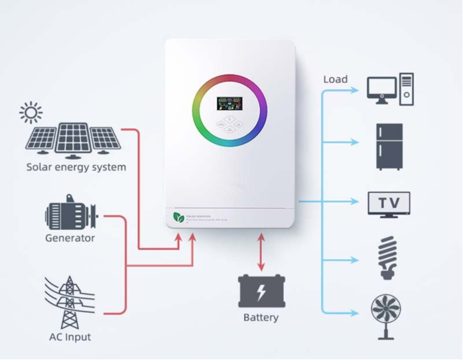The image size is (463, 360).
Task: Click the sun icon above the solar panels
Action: [x=31, y=112]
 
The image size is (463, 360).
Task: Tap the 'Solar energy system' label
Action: [x=76, y=167]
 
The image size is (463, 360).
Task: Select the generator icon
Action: [x=70, y=214]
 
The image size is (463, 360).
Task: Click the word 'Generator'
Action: [x=70, y=238]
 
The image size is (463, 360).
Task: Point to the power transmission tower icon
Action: [x=69, y=302]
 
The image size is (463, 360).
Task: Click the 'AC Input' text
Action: [x=70, y=337]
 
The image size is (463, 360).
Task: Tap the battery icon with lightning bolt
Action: [x=261, y=290]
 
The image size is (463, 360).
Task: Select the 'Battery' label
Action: [x=261, y=318]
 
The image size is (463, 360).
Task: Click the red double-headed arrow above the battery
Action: [x=261, y=251]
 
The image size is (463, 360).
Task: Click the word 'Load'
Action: [x=335, y=80]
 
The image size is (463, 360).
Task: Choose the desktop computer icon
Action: [x=391, y=90]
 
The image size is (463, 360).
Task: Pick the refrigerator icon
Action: [x=389, y=146]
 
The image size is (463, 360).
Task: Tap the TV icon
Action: [x=389, y=203]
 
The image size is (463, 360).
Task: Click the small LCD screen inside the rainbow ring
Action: [x=229, y=105]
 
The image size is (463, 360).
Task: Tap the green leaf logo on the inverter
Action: [x=178, y=217]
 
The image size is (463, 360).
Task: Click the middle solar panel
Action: [x=72, y=138]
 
